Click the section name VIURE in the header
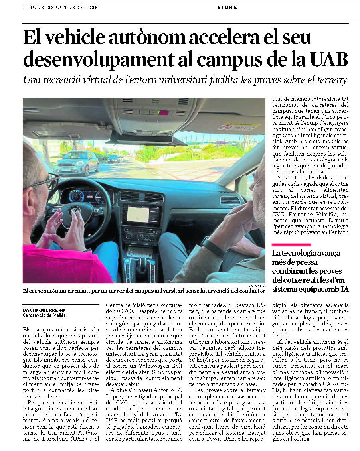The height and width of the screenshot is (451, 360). coord(227,7)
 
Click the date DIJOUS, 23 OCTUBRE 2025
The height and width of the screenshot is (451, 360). coord(60,7)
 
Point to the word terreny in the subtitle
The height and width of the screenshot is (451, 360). coord(330,80)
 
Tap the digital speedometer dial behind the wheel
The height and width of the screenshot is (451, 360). coord(77,196)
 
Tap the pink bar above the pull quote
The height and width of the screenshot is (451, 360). coord(291,244)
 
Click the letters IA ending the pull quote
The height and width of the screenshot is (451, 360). coord(344,289)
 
